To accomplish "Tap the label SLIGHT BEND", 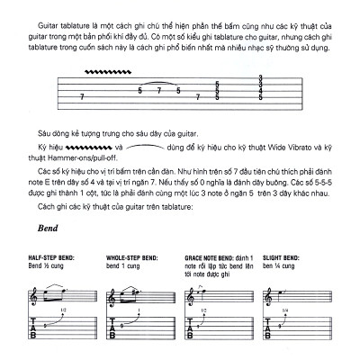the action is tap(278, 258).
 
